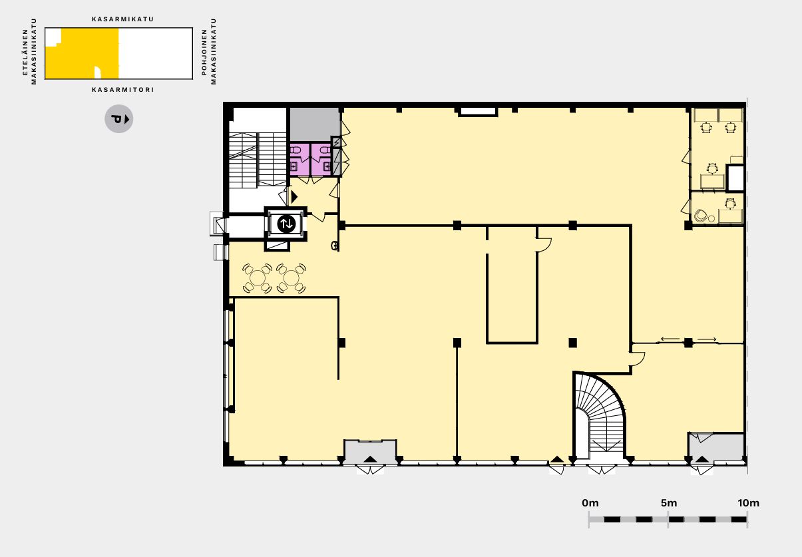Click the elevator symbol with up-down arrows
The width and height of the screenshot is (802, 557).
286,224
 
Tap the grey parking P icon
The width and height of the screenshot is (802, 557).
119,119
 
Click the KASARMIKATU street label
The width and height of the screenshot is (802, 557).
123,19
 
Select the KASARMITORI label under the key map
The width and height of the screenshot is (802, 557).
123,89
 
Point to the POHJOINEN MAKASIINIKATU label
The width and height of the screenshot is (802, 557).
209,51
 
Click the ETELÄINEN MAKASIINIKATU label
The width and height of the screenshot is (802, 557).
29,51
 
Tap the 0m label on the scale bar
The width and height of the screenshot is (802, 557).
590,503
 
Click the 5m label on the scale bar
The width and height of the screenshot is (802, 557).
669,503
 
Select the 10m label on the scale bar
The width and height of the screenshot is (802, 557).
748,503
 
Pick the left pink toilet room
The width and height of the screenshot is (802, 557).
300,160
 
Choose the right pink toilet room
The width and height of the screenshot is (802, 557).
321,160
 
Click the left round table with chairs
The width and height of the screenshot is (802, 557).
257,278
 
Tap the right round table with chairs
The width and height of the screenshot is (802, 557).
291,278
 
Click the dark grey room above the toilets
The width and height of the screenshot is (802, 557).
314,124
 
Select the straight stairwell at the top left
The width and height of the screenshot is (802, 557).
258,159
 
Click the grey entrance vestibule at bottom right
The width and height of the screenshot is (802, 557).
716,447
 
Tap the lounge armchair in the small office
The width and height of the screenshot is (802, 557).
701,216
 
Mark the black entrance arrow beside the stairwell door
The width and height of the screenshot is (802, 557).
294,197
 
